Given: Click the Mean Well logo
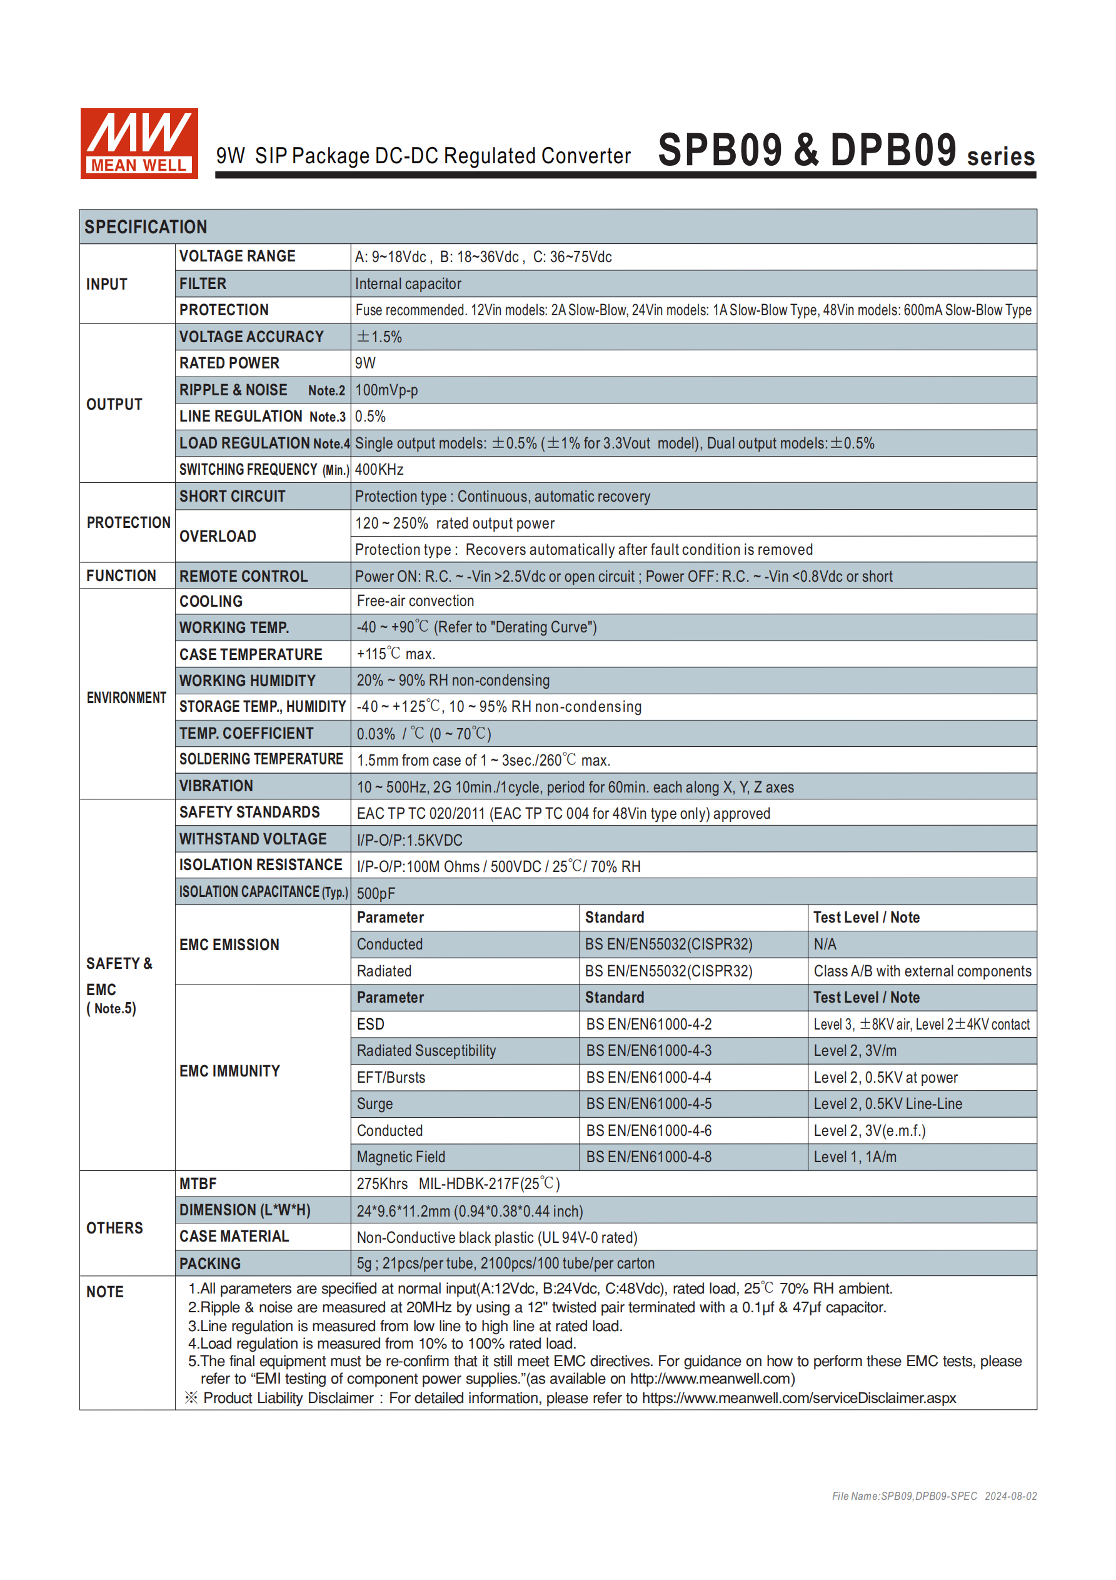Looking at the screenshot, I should click(139, 143).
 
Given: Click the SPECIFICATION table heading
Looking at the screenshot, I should click(145, 227).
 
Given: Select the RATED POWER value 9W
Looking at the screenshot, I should click(365, 363).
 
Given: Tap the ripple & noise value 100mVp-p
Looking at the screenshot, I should click(386, 390).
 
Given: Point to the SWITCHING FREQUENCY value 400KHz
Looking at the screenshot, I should click(379, 469).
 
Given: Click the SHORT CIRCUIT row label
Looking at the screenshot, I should click(232, 496).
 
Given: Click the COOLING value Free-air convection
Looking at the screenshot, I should click(415, 600).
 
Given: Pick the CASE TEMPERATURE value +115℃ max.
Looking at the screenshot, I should click(396, 654).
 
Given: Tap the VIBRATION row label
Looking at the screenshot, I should click(216, 786).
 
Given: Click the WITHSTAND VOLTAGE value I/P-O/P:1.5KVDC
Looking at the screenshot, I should click(410, 840).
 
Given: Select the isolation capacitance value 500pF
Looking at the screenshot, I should click(376, 893).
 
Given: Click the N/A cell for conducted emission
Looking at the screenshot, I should click(825, 944).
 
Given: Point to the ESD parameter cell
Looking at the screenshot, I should click(371, 1024).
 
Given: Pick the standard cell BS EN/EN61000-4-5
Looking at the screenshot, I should click(649, 1104).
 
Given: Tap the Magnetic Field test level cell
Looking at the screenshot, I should click(855, 1157).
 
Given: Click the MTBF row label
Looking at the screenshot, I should click(198, 1183).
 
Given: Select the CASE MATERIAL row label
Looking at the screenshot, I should click(234, 1237).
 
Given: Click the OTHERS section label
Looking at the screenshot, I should click(114, 1228).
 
